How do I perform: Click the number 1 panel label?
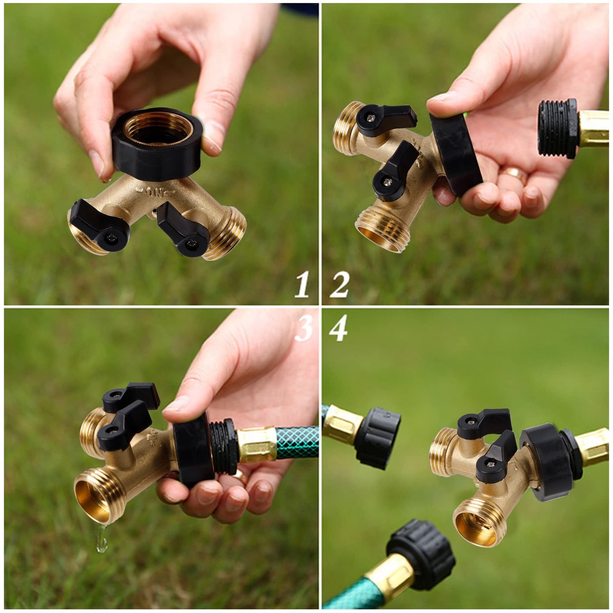[302, 284]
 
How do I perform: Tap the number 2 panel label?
[339, 284]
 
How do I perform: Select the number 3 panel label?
[304, 329]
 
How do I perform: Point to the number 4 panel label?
[338, 329]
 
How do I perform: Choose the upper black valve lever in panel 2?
[384, 119]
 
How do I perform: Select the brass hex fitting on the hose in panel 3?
[257, 445]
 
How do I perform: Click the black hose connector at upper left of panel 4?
[377, 437]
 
